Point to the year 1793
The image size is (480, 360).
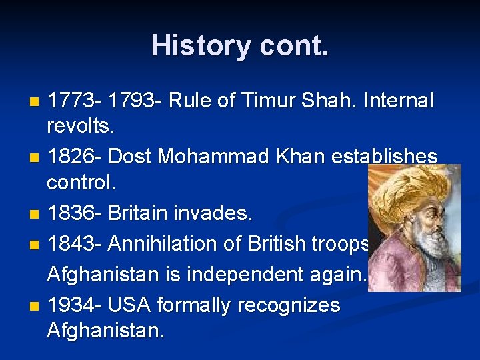point(131,101)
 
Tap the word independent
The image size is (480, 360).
point(259,275)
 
